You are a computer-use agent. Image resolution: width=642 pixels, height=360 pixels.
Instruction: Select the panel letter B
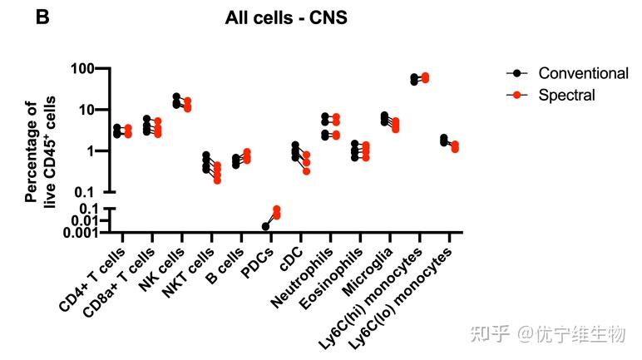[x=42, y=15]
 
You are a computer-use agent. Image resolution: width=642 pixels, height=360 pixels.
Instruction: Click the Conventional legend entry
[x=583, y=73]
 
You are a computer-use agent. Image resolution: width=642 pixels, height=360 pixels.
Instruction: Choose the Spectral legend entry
[x=566, y=95]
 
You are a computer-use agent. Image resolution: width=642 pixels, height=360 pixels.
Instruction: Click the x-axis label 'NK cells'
[x=160, y=270]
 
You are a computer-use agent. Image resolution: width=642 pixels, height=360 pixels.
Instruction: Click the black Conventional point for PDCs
[x=265, y=226]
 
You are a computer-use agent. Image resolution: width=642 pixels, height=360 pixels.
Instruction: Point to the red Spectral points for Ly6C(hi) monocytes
[x=425, y=78]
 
